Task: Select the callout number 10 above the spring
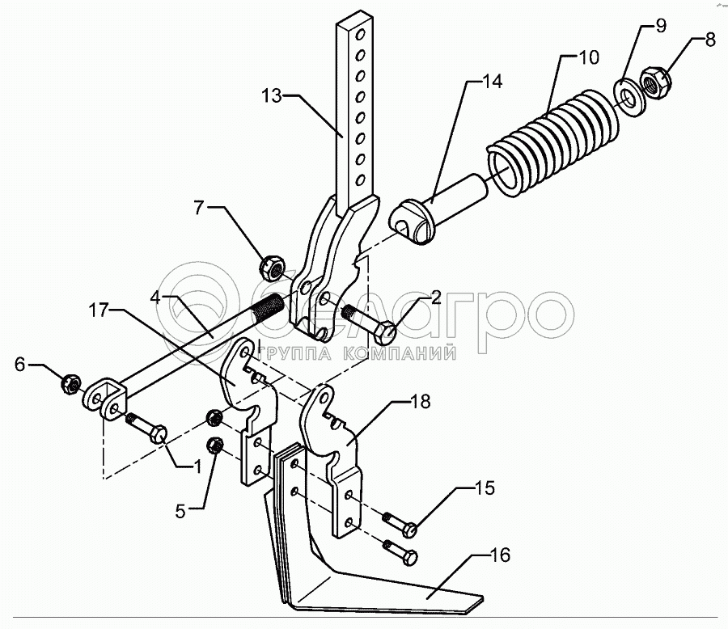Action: pos(588,59)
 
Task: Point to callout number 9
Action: pos(661,26)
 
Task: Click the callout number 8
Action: pos(710,40)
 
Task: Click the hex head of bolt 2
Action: pos(386,331)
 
